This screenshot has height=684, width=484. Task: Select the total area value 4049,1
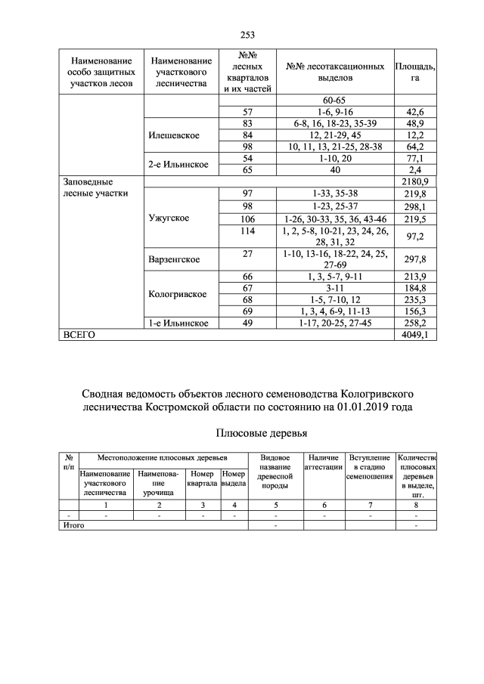tap(415, 335)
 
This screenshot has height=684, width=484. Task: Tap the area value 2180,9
tap(415, 182)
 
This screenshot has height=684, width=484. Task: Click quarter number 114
tap(247, 231)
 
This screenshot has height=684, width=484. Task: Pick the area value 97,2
tap(415, 237)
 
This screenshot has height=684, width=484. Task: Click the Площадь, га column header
tap(415, 72)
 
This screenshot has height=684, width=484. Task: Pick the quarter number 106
tap(247, 218)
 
